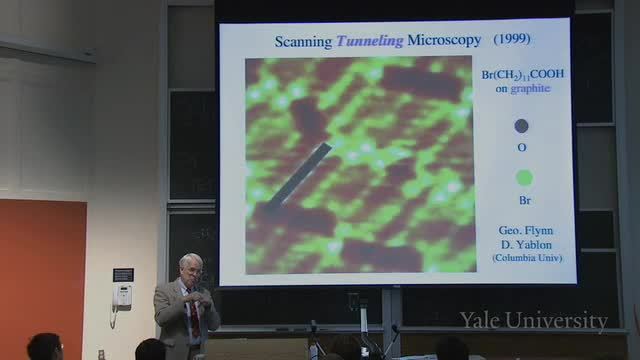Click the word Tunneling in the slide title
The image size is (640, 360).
pos(370,41)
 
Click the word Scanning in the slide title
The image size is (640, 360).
pos(303,42)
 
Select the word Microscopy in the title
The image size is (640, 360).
pos(444,40)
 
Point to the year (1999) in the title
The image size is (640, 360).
pos(512,39)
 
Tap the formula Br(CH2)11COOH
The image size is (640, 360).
pos(522,74)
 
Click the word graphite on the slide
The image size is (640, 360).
pos(530,89)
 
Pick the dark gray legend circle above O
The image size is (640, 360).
pos(521,126)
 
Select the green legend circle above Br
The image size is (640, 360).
pos(524,178)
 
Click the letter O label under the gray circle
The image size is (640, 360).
pos(522,147)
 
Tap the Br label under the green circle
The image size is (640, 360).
pos(525,200)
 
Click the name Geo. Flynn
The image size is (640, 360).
pos(526,231)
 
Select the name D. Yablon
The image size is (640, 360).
pos(527,245)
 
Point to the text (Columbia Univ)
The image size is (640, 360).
pos(527,258)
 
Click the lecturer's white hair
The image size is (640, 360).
pos(191,260)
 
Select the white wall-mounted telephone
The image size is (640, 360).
pos(122,296)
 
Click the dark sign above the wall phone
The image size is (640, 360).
pos(123,275)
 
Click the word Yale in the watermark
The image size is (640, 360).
pos(480,320)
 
